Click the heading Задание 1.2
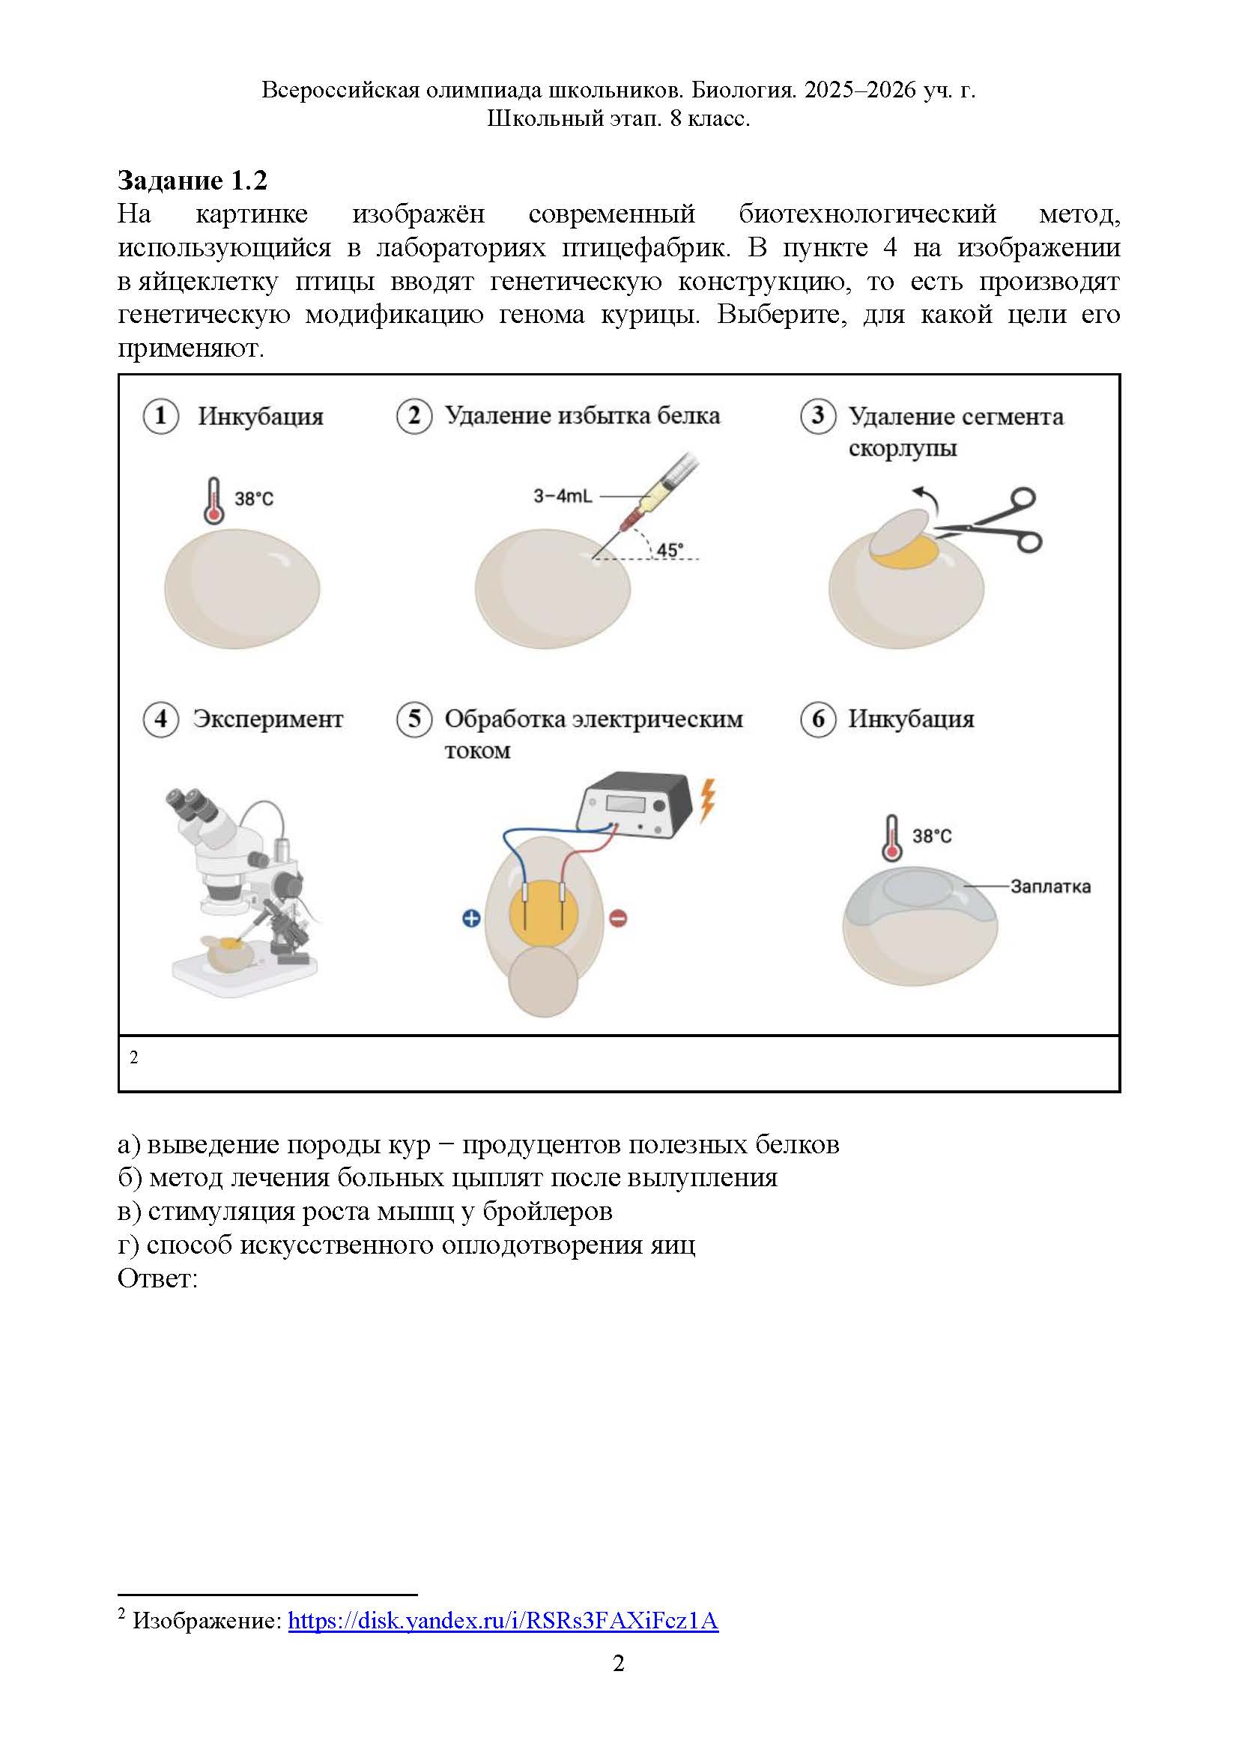click(x=193, y=181)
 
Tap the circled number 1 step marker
click(x=160, y=417)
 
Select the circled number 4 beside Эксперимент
click(x=160, y=719)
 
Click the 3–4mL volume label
click(x=563, y=496)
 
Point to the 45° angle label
click(x=670, y=549)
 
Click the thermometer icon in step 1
click(x=213, y=501)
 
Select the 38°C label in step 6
click(x=932, y=836)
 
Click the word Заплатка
click(x=1049, y=886)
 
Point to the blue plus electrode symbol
click(x=471, y=919)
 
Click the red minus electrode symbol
click(x=618, y=919)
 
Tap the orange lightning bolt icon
click(x=708, y=799)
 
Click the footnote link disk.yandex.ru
click(x=503, y=1620)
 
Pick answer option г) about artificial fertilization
click(x=406, y=1245)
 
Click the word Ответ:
click(x=157, y=1278)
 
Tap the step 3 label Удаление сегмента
click(x=955, y=417)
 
